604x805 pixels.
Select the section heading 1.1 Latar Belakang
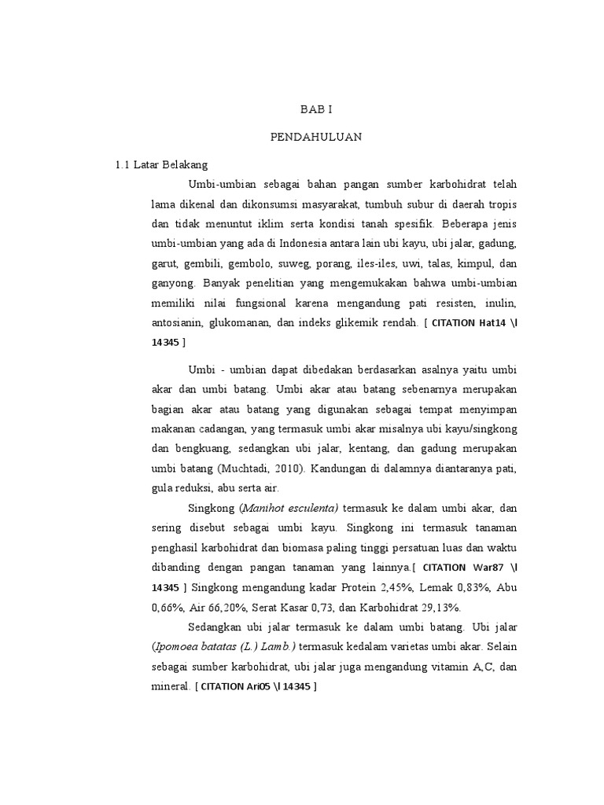[x=161, y=165]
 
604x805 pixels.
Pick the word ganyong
[x=173, y=282]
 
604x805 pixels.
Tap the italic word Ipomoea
[x=178, y=646]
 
